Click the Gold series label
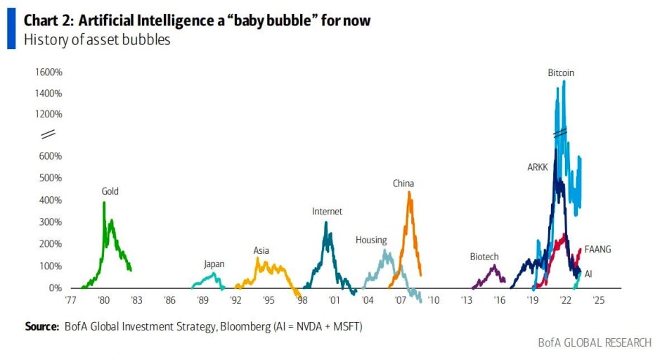coord(110,191)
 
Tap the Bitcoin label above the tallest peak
coord(561,72)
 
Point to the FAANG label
coord(597,249)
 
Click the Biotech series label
coord(484,257)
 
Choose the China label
coord(403,184)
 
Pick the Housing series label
coord(371,240)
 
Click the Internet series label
coord(327,211)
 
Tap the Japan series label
coord(214,264)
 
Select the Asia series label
coord(261,250)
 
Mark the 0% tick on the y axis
coord(55,288)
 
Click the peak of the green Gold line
coord(104,202)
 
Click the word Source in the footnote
coord(41,326)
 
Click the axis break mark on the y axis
coord(48,134)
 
